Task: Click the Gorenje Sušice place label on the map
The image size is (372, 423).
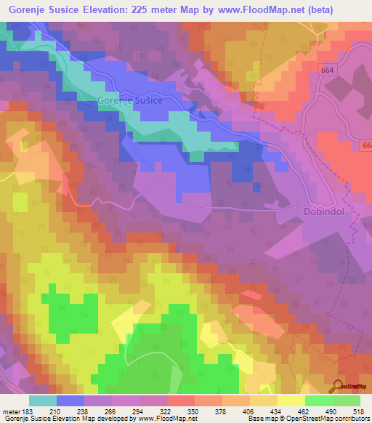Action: (129, 102)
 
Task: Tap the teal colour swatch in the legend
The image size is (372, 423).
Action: (43, 400)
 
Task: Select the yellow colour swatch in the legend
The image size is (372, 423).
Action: (291, 400)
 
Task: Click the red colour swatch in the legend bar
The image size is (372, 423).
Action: (181, 400)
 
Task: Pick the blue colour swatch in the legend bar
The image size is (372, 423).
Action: (70, 400)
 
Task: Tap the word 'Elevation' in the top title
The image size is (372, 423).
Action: (121, 9)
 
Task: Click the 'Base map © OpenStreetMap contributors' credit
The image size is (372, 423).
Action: (307, 419)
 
